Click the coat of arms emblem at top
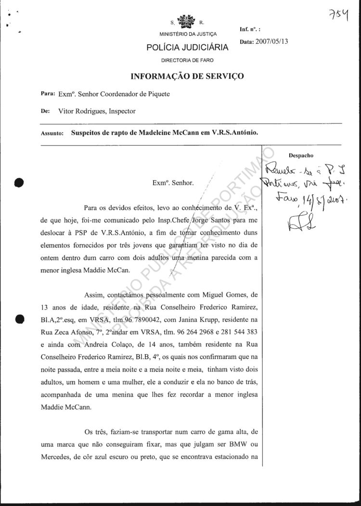[x=187, y=22]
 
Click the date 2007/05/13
[x=271, y=42]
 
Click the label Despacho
[x=301, y=156]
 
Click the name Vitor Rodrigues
[x=80, y=111]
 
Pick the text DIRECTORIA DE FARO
[x=188, y=60]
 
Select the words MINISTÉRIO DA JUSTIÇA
[x=188, y=34]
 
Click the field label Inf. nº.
[x=249, y=30]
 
